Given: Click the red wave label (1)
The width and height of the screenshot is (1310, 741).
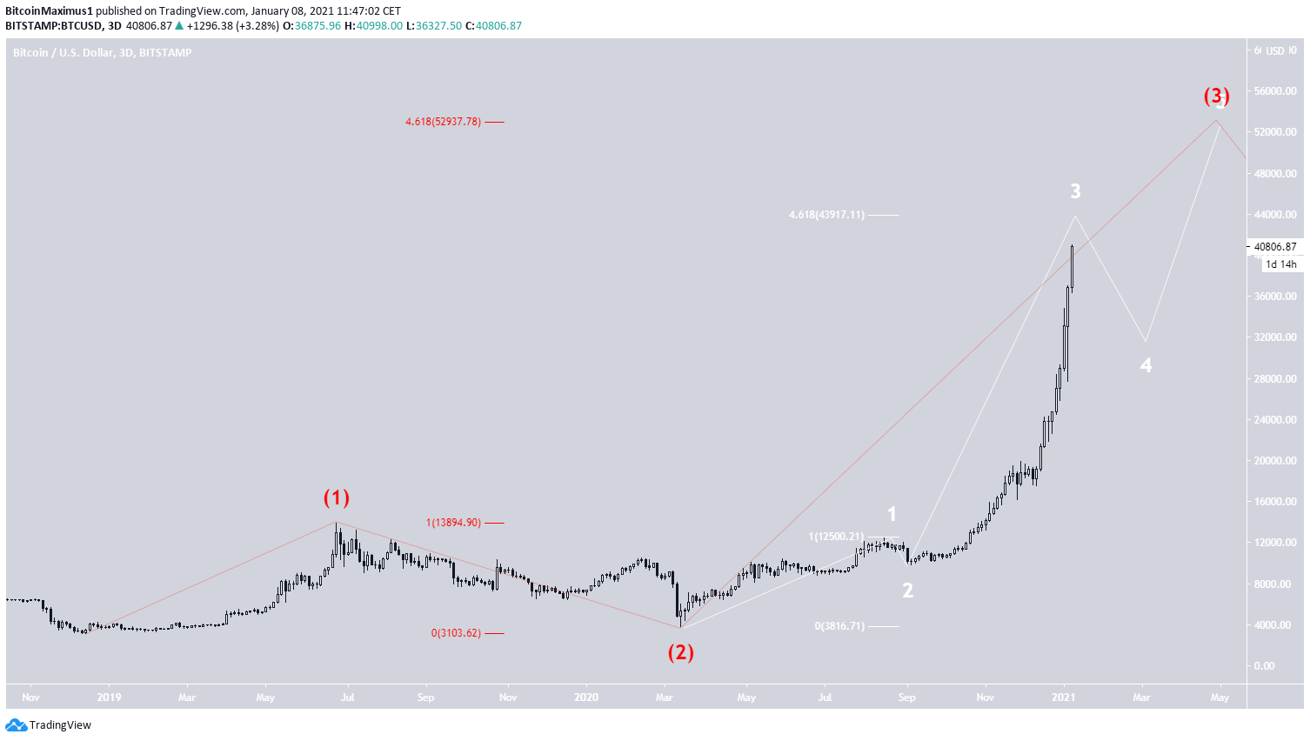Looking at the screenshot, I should [337, 497].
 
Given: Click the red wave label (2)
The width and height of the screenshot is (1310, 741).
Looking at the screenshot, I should [680, 651].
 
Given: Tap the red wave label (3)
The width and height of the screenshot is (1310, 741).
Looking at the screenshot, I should [1216, 96].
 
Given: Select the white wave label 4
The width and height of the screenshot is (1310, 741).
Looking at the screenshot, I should [1146, 365].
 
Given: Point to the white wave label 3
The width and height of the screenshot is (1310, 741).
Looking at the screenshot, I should [1075, 191].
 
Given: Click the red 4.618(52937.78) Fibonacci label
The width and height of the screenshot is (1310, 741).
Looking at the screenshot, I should [443, 122].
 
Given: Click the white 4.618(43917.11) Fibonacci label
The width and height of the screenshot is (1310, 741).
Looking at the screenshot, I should [826, 215].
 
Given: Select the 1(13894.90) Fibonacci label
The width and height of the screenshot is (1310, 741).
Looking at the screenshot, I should [452, 523].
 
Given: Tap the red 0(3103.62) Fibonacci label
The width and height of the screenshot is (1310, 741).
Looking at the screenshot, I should [456, 633].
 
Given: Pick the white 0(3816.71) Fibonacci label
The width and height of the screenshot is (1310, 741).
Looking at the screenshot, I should [839, 626].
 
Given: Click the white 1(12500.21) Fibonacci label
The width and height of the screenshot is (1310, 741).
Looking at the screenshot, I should [836, 537].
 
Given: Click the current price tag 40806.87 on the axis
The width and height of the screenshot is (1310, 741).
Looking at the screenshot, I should [1275, 247].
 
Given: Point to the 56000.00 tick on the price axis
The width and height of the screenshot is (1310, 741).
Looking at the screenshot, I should [1275, 91].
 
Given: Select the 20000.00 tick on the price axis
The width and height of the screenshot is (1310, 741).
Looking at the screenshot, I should [1275, 461].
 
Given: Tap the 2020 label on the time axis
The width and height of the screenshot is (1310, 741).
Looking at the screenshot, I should [586, 698].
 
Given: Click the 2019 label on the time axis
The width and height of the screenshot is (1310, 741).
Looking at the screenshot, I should [109, 698].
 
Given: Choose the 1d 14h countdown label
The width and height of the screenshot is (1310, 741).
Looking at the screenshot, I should [1280, 264].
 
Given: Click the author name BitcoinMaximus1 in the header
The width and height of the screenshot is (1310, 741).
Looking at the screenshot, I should [49, 11].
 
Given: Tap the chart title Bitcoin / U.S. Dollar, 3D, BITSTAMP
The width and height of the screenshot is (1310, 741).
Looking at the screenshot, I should [102, 53].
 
